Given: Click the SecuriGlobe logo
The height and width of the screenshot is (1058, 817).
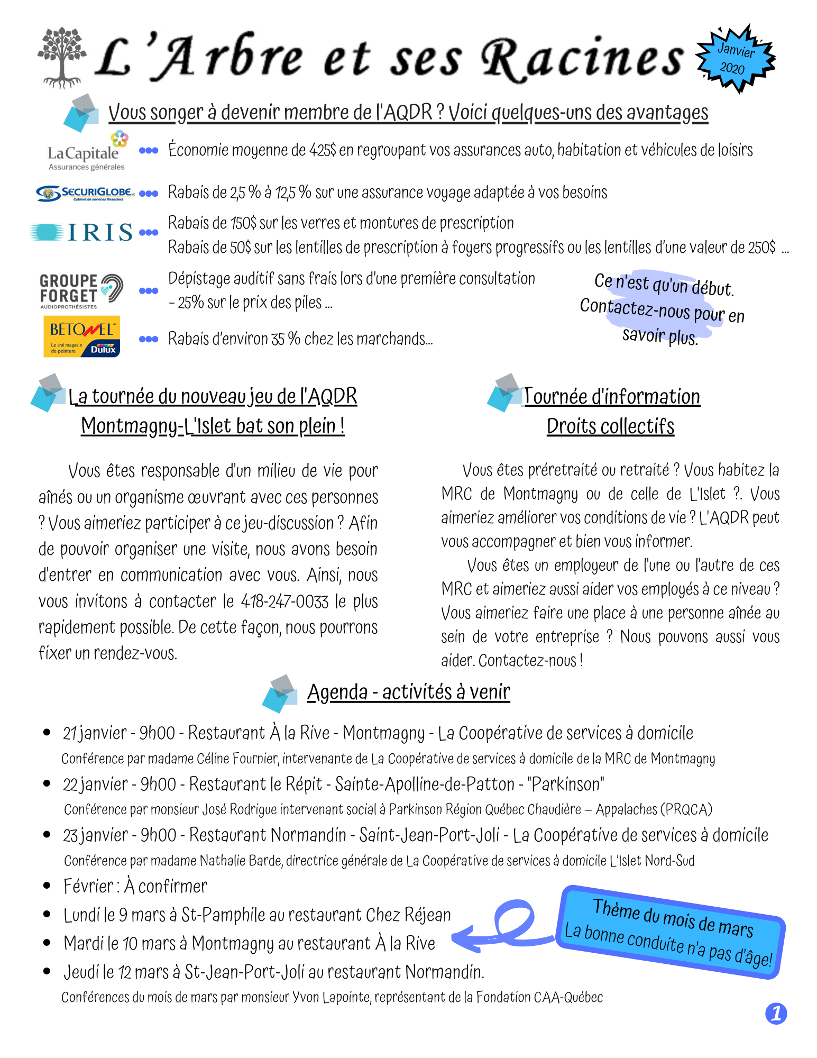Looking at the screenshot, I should point(85,193).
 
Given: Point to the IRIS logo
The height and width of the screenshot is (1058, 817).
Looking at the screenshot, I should point(82,232).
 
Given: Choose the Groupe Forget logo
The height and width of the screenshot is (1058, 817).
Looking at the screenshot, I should point(81,290).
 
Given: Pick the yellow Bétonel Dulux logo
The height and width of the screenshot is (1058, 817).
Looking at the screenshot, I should point(81,336).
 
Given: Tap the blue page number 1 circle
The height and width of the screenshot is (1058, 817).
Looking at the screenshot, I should point(776,1014).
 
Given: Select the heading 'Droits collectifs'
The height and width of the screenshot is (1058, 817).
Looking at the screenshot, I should point(610,426).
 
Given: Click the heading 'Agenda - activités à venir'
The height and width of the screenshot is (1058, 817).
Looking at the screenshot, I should point(408,692).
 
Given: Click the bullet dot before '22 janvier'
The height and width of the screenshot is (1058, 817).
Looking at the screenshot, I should point(47,783).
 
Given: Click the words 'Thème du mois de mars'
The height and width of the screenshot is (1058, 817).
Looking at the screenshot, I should point(673,918).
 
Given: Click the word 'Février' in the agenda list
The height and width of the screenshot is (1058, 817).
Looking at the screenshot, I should point(88,886).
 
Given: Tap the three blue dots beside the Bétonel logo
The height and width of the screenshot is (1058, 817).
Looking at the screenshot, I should point(149,339).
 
